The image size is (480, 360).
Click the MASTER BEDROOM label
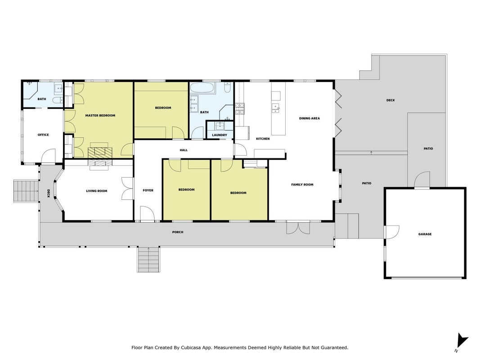100,116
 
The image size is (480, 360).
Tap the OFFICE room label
43,135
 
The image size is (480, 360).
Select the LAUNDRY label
220,135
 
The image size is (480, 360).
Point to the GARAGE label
425,234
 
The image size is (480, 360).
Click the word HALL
184,150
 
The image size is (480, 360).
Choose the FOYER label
148,190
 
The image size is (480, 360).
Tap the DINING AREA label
309,118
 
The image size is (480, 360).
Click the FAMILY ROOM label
302,184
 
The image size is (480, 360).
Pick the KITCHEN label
263,139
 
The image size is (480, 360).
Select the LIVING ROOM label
96,191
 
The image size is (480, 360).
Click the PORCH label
178,232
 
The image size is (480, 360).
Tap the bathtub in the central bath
203,88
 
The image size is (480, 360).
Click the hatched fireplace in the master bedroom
100,153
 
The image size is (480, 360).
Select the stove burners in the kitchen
240,108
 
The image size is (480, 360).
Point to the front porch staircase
148,259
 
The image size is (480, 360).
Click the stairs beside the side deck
26,191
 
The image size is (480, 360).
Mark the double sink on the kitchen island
276,108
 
